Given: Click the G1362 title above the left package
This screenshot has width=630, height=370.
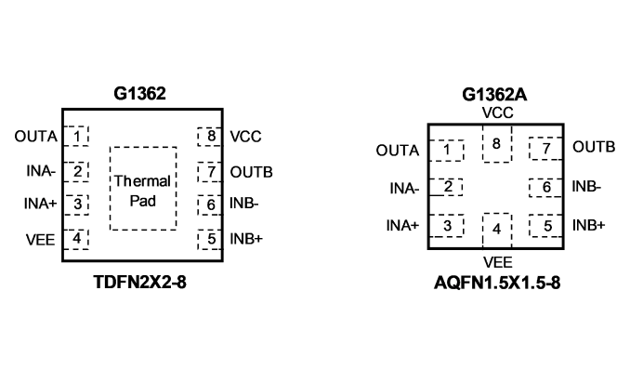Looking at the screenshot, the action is coord(139,94).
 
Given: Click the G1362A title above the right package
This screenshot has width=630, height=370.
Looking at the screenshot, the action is coord(494,95).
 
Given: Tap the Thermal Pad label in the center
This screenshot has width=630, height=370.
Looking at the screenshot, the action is coord(143,191).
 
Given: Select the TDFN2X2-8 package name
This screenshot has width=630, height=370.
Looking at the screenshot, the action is coord(139,282).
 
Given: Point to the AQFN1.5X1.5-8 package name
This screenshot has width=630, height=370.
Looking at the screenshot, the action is coord(497,284).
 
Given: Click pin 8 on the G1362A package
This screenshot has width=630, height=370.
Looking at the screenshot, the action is coord(497,144).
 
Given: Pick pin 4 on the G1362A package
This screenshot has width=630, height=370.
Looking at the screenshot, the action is coord(497,230).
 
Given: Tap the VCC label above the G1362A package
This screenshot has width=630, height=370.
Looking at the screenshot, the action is coord(497,113).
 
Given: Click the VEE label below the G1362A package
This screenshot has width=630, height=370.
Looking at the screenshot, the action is coord(497,262).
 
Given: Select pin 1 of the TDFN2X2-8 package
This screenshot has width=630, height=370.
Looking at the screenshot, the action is coord(76,136).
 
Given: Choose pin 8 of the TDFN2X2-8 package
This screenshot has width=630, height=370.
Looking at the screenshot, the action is coord(210,137).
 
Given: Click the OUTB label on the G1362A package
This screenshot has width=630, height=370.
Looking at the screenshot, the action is coord(594,147).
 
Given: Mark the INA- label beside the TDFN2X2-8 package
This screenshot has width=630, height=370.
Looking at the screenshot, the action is coord(41,171).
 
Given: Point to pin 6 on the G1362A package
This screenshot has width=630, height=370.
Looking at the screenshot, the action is coord(545,188).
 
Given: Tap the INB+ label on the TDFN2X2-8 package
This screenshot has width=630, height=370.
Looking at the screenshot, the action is coord(246,239).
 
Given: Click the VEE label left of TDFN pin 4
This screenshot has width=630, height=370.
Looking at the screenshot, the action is coord(40,240).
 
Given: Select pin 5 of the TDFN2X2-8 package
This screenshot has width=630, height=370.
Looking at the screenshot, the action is coord(210,240).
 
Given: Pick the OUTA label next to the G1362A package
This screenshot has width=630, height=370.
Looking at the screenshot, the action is coord(398,151).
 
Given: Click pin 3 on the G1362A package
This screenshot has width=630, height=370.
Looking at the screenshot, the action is coord(447,226).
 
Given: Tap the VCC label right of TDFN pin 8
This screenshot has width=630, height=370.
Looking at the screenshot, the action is coord(245,137).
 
